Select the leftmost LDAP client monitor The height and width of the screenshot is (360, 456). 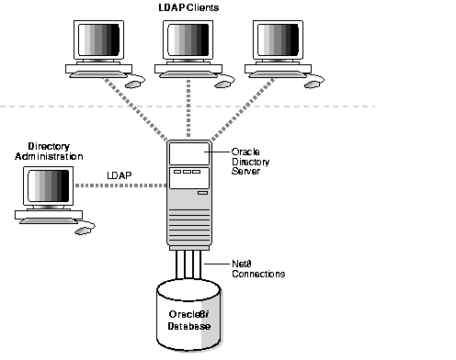coord(97,41)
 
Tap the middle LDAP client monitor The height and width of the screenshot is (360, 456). coord(188,41)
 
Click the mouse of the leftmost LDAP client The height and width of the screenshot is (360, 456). coord(134,83)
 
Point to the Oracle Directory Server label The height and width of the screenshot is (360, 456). coord(256,163)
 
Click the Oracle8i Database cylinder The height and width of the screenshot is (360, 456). coord(191,317)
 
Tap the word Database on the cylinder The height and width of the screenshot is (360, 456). coord(190,327)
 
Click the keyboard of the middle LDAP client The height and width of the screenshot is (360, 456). coord(188,70)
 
